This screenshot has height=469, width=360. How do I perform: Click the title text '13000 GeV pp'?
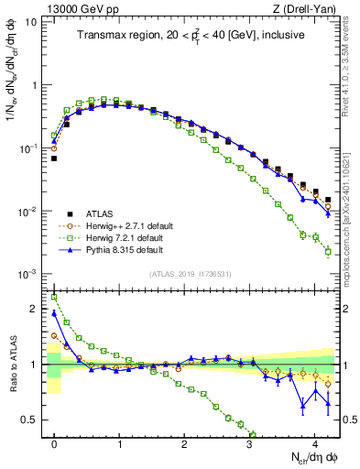click(74, 8)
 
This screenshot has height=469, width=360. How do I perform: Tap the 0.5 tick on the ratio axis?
click(35, 420)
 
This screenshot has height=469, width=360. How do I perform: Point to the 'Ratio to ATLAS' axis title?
click(12, 364)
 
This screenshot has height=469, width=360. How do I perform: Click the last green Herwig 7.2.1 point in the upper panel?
click(328, 251)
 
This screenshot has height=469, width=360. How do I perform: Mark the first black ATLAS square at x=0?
click(54, 158)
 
